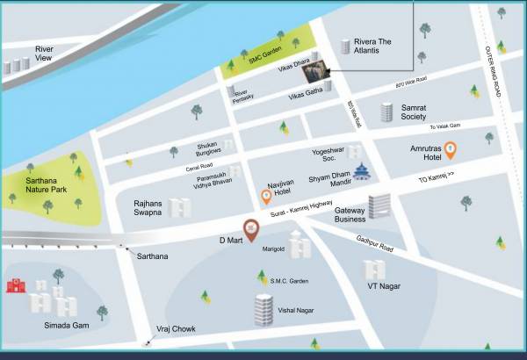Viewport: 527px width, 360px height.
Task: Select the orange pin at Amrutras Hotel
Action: [450, 150]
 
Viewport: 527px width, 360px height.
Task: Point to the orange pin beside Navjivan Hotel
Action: [266, 198]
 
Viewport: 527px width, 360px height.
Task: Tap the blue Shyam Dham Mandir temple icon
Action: [361, 171]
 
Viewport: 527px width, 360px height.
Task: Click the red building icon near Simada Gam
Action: [14, 285]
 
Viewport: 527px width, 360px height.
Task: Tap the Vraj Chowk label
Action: [177, 328]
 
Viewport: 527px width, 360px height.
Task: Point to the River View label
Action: [44, 54]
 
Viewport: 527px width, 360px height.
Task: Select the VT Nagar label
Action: [384, 286]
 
